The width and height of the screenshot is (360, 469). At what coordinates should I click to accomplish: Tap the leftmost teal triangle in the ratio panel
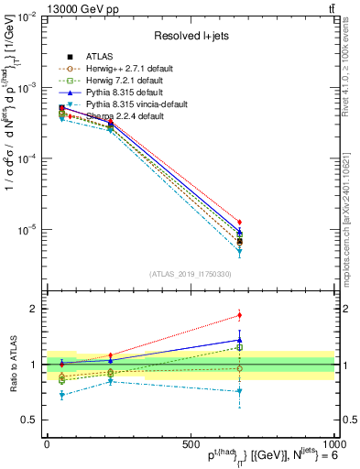point(61,395)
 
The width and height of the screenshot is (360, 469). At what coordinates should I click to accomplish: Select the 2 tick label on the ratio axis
point(38,309)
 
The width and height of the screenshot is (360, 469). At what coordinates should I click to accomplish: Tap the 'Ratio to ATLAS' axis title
point(11,364)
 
